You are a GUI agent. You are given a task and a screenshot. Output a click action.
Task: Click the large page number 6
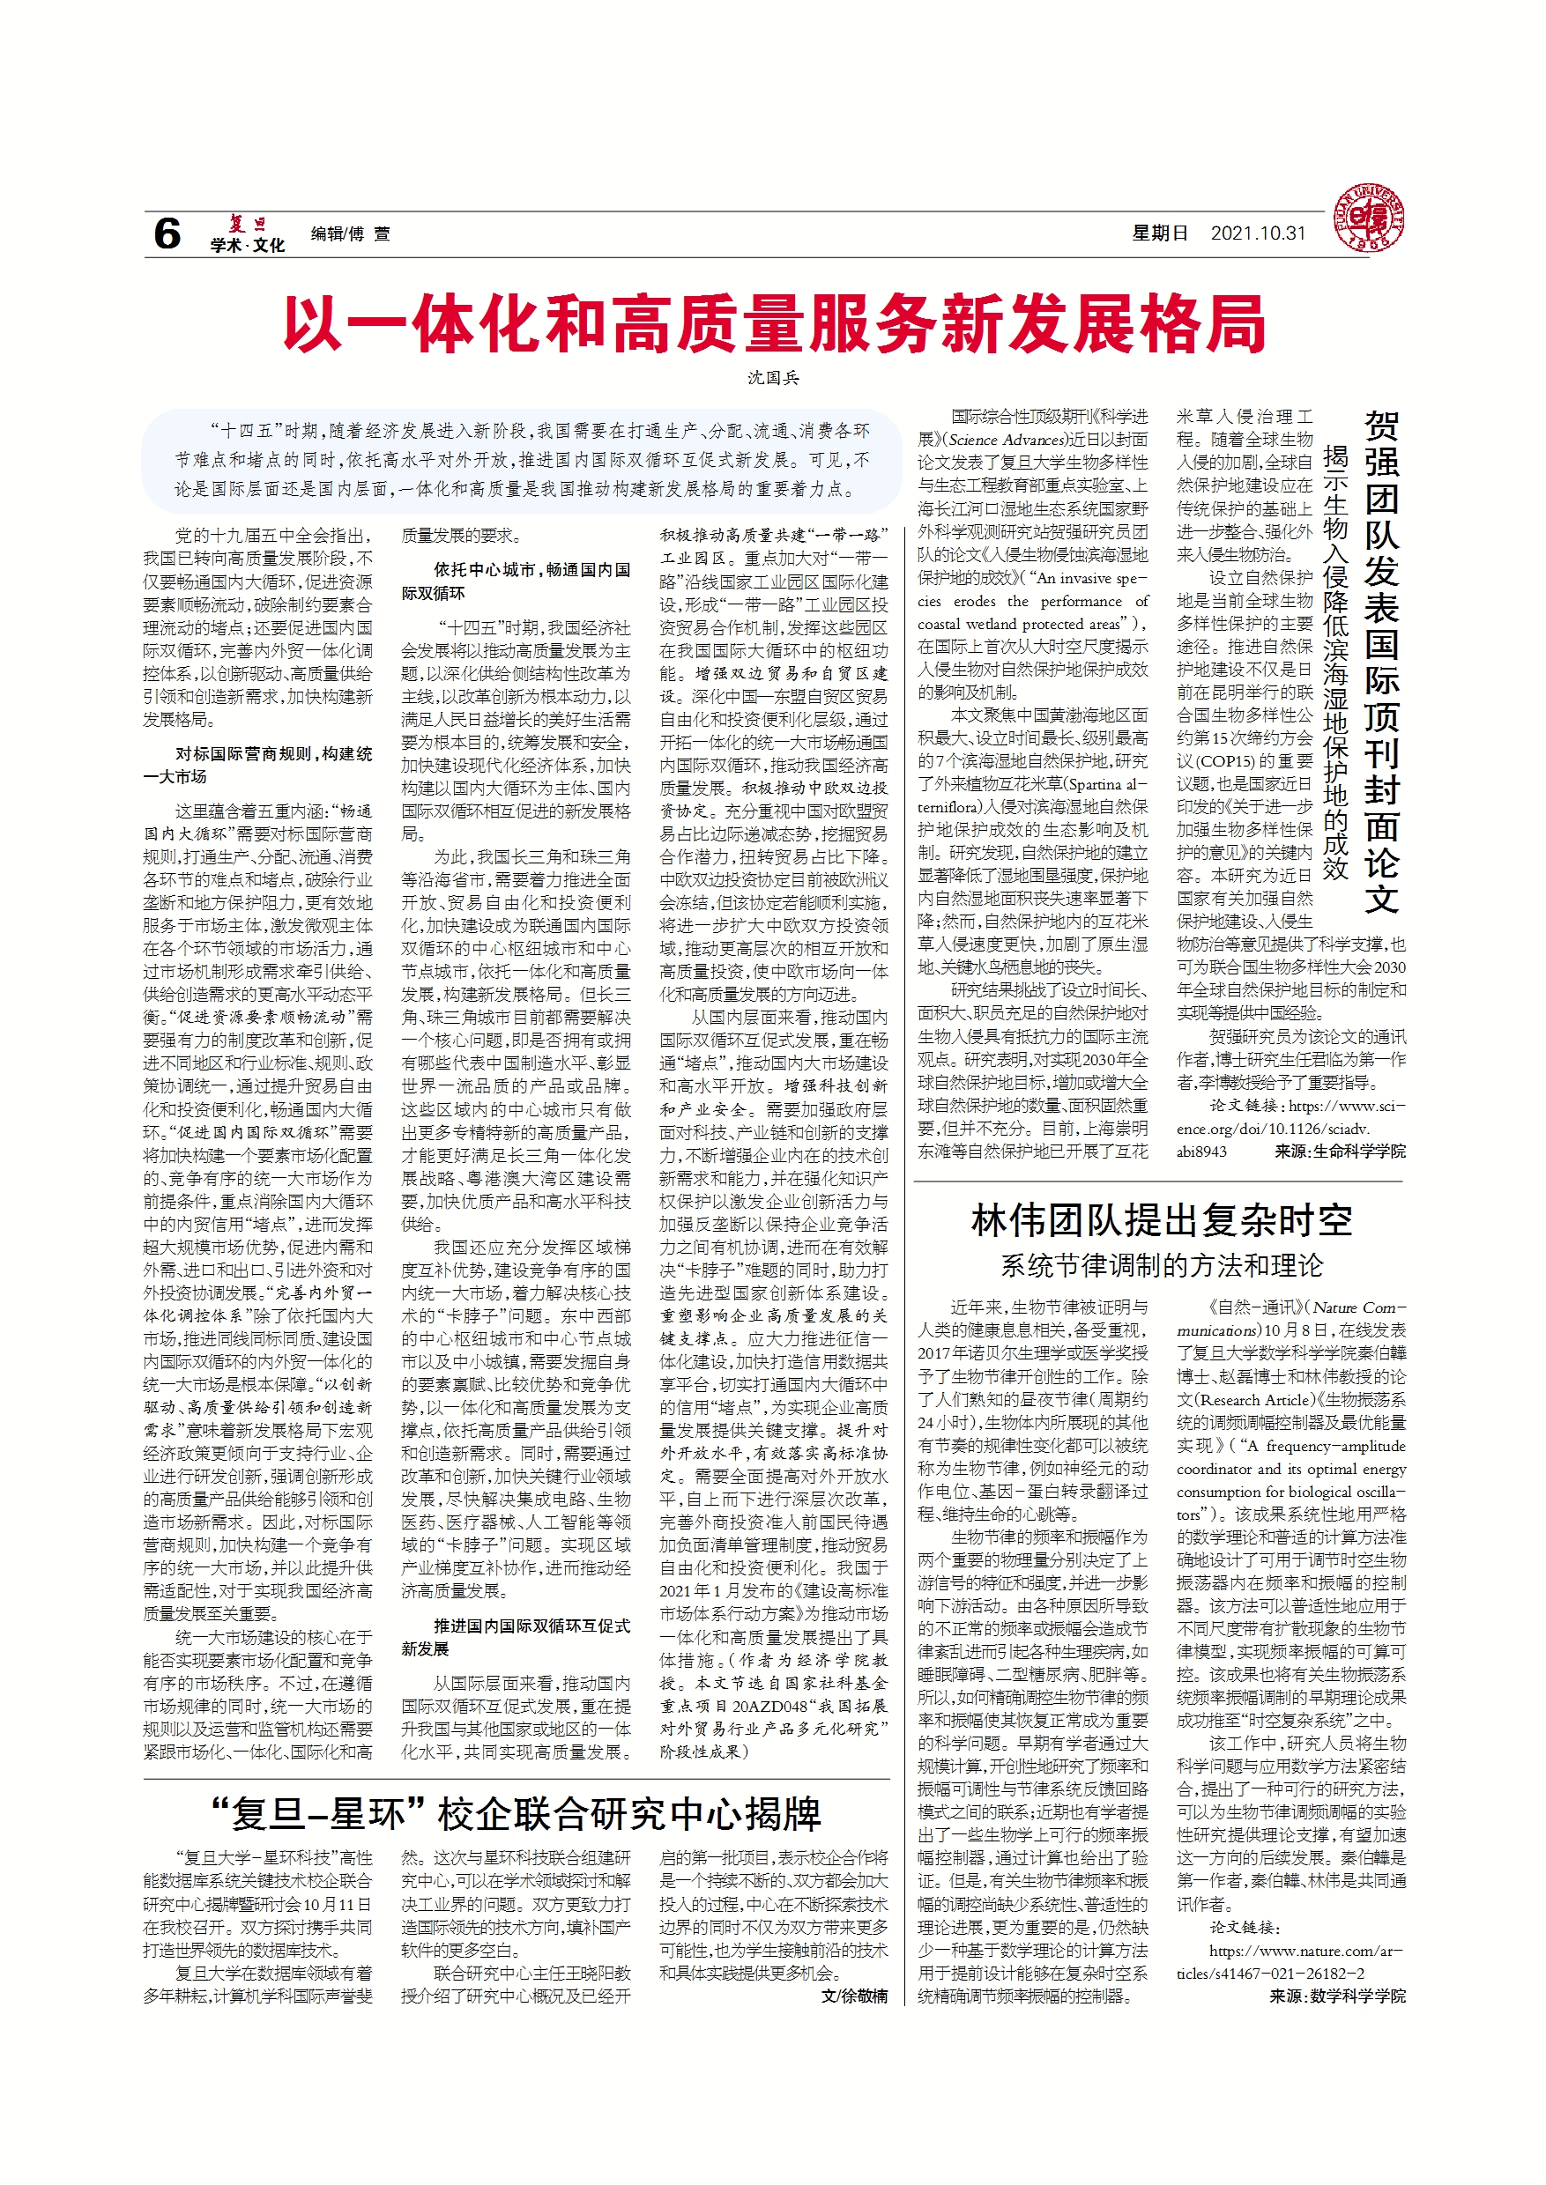click(x=167, y=234)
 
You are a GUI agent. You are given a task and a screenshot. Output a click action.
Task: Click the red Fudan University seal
click(x=1368, y=218)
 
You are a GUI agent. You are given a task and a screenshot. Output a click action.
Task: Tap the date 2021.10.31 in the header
click(x=1258, y=234)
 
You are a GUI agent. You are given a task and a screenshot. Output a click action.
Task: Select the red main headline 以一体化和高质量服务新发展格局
click(x=773, y=324)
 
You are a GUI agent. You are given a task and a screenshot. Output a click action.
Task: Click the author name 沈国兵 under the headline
click(x=773, y=379)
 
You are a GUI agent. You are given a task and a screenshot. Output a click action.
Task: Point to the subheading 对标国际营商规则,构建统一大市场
click(x=258, y=765)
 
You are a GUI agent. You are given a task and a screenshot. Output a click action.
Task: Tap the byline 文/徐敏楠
click(x=854, y=1996)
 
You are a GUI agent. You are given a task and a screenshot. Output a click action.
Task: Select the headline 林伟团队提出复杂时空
click(x=1161, y=1221)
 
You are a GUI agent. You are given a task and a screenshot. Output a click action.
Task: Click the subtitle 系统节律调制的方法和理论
click(x=1161, y=1266)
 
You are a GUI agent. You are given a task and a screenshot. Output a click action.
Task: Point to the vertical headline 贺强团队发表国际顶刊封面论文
click(x=1381, y=662)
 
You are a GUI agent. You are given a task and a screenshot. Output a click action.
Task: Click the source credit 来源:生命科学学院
click(x=1340, y=1152)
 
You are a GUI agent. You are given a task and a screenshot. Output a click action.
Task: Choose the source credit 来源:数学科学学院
click(x=1336, y=1996)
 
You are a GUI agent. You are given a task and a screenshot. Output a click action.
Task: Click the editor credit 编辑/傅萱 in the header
click(x=349, y=234)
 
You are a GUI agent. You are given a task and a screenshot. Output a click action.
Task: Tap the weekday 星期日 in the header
click(x=1160, y=234)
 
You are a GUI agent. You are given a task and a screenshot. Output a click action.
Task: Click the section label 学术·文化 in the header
click(x=248, y=246)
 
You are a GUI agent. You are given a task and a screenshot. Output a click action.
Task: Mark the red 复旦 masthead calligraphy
click(x=247, y=225)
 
